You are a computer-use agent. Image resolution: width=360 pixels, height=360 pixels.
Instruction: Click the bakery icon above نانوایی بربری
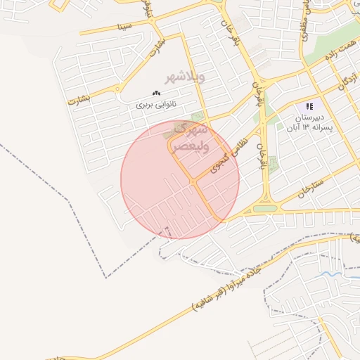(156, 93)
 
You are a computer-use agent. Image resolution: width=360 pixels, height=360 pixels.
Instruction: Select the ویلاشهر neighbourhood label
(184, 77)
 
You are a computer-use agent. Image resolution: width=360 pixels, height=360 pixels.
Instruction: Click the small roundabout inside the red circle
(193, 183)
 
